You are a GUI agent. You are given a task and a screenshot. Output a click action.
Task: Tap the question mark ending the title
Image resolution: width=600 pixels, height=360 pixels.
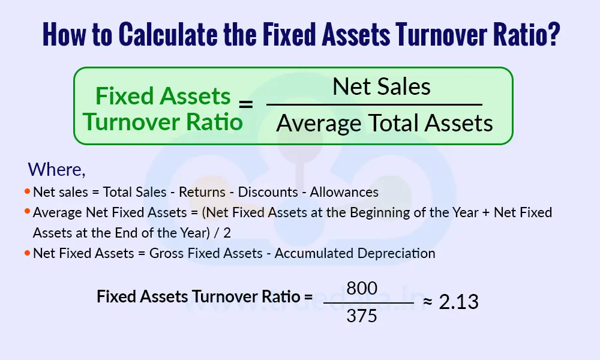coord(553,35)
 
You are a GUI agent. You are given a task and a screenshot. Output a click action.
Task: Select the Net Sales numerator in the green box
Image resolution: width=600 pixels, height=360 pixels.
coord(382,87)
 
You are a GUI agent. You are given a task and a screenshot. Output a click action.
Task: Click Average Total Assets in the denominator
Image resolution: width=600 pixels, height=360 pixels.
coord(385,123)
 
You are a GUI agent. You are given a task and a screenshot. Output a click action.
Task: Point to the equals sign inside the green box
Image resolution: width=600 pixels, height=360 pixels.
coord(246,105)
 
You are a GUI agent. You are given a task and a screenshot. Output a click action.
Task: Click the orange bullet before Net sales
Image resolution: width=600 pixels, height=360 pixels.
coord(27,192)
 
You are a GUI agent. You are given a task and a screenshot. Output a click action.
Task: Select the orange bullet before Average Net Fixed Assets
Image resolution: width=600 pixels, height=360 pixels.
coord(27,212)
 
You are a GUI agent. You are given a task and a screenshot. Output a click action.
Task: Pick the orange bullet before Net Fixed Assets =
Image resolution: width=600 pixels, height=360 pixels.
coord(27,253)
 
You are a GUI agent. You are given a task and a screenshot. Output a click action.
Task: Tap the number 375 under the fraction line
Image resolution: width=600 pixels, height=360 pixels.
coord(362,315)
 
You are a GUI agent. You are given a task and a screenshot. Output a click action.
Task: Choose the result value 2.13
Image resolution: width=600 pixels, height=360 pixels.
coord(458,302)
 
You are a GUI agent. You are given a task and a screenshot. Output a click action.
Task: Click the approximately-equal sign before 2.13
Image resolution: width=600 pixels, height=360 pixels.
coord(428,302)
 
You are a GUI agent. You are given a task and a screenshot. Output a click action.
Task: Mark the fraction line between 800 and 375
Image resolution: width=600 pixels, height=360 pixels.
coord(368,302)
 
